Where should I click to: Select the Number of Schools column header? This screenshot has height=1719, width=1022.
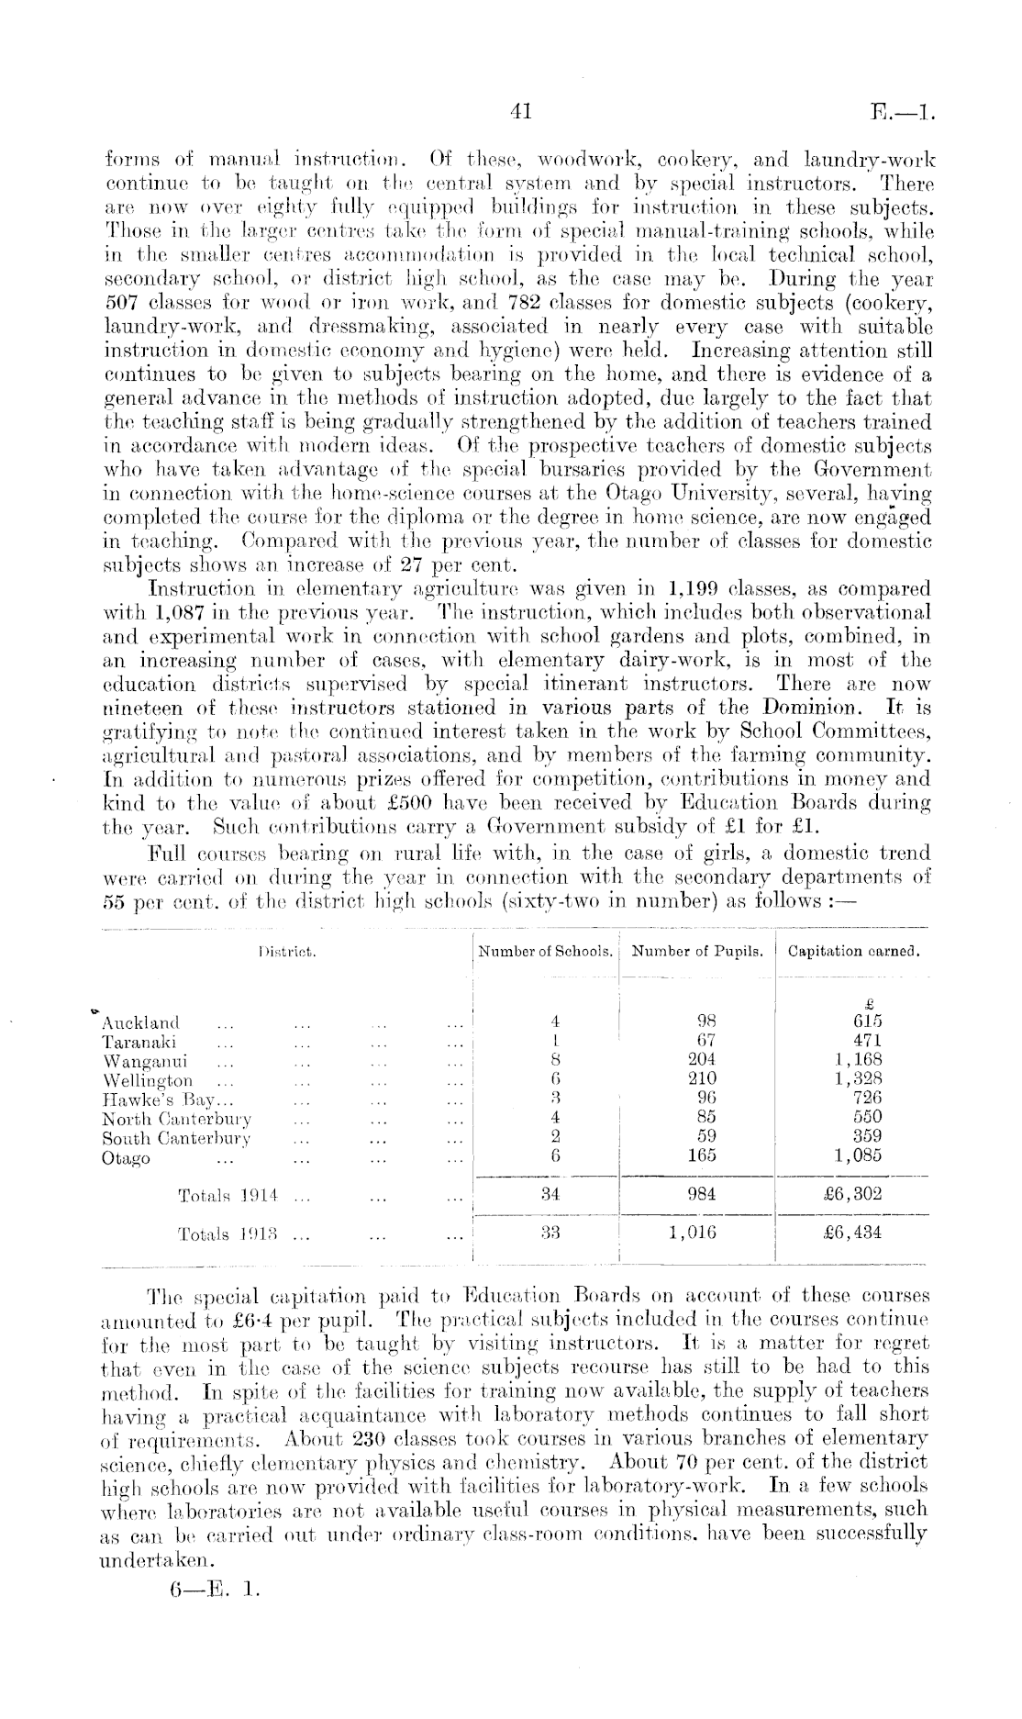pyautogui.click(x=546, y=952)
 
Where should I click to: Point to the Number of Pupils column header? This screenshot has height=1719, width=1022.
pyautogui.click(x=698, y=952)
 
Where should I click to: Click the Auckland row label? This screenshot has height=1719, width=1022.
pyautogui.click(x=141, y=1022)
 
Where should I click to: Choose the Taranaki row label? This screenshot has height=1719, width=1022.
pyautogui.click(x=139, y=1042)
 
